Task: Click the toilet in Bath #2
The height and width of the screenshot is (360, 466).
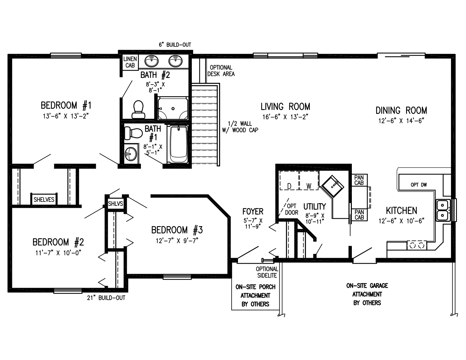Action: point(138,109)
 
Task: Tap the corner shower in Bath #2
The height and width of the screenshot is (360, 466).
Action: point(173,109)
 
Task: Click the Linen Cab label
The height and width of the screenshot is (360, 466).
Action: point(130,62)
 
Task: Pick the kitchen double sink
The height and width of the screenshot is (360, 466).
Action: point(443,210)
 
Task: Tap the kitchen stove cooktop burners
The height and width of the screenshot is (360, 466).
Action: point(417,245)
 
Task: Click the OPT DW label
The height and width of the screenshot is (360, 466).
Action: point(418,185)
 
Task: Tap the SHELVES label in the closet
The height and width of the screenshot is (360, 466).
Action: point(44,199)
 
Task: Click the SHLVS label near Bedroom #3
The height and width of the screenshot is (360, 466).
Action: point(116,203)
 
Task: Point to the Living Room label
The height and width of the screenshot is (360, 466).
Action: point(285,107)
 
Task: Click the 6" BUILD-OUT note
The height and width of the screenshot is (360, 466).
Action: point(175,45)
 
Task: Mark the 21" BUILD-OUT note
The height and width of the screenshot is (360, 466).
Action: point(106,298)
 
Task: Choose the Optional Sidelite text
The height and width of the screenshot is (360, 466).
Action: point(267,272)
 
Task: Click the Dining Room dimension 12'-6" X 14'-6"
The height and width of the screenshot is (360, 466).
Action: point(401,121)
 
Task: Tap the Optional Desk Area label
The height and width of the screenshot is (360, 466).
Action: point(221,71)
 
